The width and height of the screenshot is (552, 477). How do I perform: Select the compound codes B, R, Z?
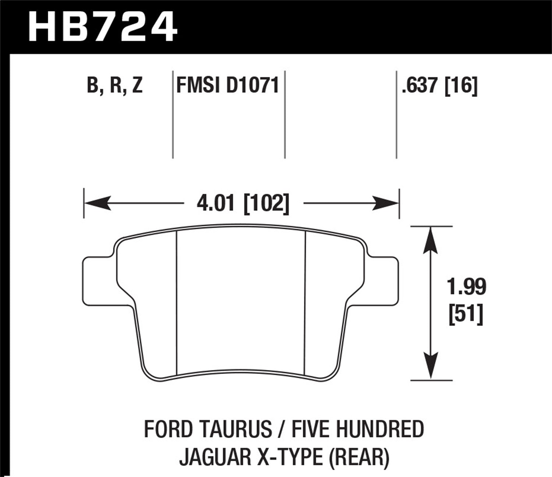click(114, 86)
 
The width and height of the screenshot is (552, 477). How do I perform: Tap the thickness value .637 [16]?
click(439, 86)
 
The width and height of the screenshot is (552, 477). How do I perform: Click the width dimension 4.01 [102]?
click(243, 203)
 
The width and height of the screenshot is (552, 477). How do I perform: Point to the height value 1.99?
click(466, 287)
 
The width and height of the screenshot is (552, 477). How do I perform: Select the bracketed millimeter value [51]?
click(466, 315)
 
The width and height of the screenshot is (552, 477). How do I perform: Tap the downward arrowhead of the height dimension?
click(431, 366)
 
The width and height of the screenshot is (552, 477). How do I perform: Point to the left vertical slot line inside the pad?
click(177, 302)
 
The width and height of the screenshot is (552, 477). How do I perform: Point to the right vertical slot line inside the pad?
click(305, 302)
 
